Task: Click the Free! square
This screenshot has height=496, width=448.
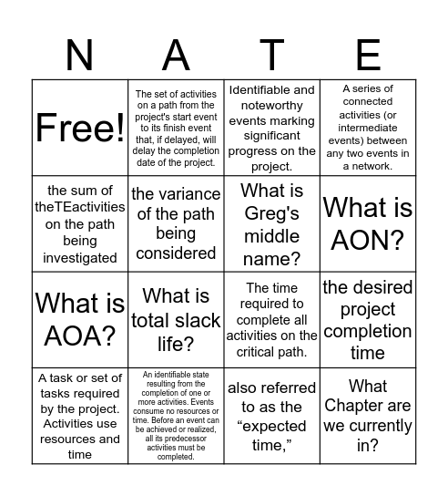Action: (80, 128)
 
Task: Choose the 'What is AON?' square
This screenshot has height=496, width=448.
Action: (368, 223)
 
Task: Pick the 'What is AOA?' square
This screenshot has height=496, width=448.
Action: (80, 319)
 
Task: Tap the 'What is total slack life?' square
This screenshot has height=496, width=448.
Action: (176, 319)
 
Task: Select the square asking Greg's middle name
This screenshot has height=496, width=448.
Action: (271, 223)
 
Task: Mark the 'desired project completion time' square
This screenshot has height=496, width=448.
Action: (368, 319)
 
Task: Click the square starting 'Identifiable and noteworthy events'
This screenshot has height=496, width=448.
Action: (271, 128)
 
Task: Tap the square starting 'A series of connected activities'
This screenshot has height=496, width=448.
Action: (368, 128)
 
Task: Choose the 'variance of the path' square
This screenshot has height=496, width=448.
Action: (176, 223)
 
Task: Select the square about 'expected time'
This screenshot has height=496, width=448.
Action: (271, 416)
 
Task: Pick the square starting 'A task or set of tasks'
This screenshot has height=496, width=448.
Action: (80, 416)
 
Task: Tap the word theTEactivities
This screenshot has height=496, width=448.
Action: (79, 207)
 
